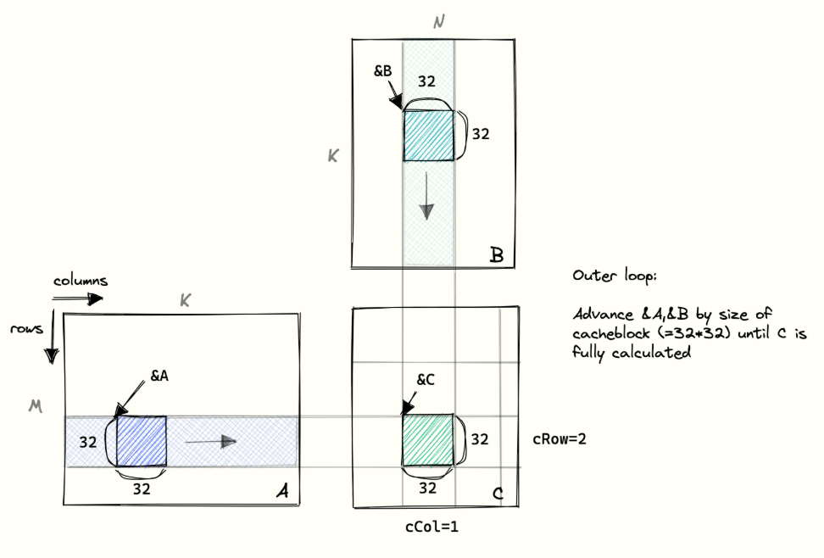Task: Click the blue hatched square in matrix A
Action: tap(142, 441)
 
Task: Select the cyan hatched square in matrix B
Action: tap(429, 136)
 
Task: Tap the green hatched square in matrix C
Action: tap(428, 440)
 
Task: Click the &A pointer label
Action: tap(159, 376)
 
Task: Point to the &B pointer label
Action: tap(382, 71)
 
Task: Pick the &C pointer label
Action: tap(426, 380)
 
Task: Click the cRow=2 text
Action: tap(560, 439)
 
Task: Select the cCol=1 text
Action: tap(432, 527)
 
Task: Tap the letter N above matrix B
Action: tap(439, 22)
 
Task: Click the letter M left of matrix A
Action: tap(36, 406)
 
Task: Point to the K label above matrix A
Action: tap(186, 300)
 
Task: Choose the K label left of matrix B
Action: tap(333, 156)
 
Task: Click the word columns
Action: tap(81, 281)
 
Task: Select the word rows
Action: tap(26, 329)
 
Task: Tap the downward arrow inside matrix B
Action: tap(426, 196)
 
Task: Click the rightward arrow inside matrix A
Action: tap(211, 441)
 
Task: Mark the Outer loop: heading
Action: tap(615, 276)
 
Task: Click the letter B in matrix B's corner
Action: tap(497, 255)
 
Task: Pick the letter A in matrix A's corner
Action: tap(283, 491)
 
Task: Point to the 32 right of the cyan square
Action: tap(481, 134)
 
